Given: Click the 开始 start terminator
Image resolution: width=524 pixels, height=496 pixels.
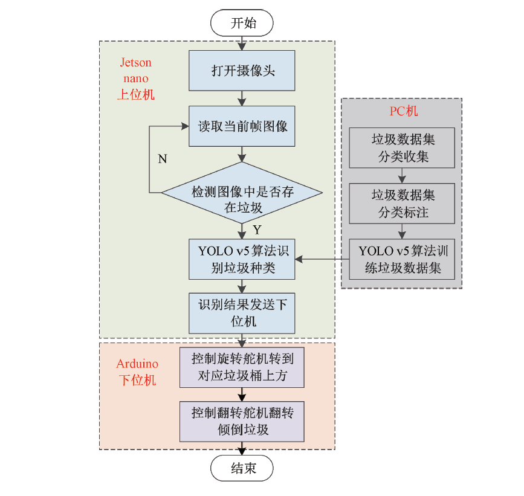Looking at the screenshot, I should [242, 24].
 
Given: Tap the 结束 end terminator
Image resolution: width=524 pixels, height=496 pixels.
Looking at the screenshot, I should [242, 468].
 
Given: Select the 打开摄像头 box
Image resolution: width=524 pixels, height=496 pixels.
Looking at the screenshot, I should [242, 71].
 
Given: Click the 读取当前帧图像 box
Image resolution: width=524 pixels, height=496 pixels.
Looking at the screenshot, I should [242, 126].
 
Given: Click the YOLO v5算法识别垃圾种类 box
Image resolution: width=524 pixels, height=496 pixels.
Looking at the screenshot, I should [242, 259].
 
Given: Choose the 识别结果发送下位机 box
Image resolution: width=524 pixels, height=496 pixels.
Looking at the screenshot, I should [242, 312].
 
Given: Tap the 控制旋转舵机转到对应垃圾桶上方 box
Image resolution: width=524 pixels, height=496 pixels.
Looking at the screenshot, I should [242, 367].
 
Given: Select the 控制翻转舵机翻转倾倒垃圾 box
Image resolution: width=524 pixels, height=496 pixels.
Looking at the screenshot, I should [242, 421].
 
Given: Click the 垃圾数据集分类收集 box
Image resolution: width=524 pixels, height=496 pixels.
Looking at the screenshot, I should [403, 148].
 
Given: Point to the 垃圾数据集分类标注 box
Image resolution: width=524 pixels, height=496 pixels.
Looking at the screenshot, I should [403, 204].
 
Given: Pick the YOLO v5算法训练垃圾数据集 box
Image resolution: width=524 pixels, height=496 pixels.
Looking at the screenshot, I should [403, 259].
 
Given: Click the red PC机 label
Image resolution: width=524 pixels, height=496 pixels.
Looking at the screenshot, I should [403, 111].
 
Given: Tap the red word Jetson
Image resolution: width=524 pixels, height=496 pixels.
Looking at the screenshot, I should [136, 63].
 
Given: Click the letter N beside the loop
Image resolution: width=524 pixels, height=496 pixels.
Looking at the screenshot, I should [163, 159].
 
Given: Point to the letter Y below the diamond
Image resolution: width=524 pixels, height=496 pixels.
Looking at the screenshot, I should [257, 230].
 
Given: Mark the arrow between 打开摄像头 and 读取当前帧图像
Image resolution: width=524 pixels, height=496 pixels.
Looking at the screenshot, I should [242, 98].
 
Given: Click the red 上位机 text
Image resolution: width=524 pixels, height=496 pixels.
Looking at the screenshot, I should [135, 94].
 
